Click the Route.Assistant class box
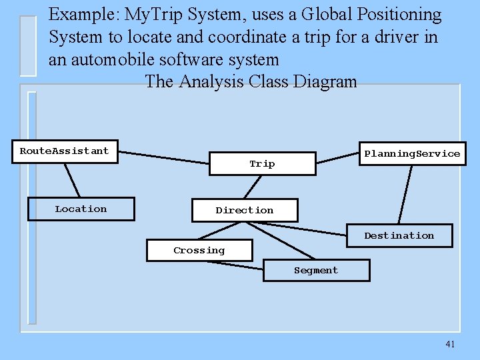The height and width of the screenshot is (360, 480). pos(64,151)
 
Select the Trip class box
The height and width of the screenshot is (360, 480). pos(262,164)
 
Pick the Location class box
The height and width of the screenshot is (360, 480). pos(81,209)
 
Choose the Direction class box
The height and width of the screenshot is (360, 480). pos(244,211)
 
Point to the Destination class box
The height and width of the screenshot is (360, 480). pos(399,236)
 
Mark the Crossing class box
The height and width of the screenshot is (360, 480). pos(199,251)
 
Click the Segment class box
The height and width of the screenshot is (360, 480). pos(316,271)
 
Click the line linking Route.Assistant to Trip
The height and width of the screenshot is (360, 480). pos(163,157)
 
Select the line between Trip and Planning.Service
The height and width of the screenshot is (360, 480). pos(337,158)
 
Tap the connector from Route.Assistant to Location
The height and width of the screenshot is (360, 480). pos(72,180)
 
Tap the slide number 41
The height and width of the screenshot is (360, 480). pos(450,344)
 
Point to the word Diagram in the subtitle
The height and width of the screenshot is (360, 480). pos(327,82)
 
